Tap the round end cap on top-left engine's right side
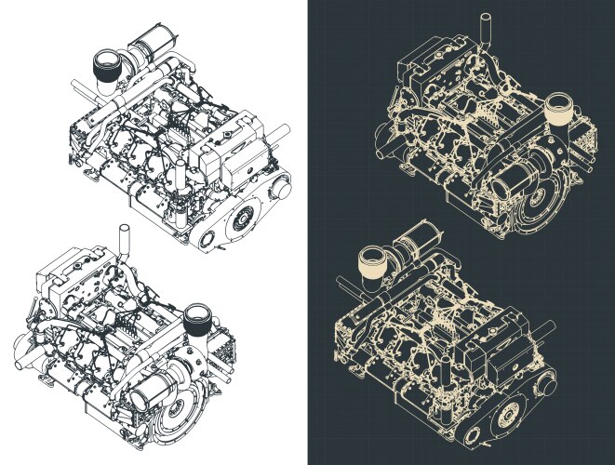point(277,189)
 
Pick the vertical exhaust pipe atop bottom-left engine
point(121,239)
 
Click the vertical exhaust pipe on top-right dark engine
point(483,27)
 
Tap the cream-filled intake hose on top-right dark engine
point(558,110)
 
